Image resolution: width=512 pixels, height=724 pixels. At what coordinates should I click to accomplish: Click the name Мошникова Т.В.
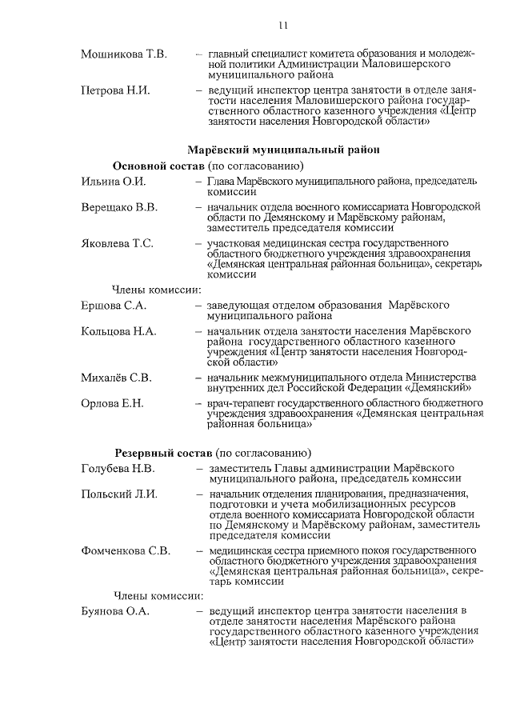coord(123,54)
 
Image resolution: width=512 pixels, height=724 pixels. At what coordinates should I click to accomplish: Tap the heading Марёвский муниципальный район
coord(282,149)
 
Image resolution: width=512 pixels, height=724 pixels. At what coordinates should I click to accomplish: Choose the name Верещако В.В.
coord(119,208)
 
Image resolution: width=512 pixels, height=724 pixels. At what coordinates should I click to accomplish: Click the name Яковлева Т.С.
coord(118,243)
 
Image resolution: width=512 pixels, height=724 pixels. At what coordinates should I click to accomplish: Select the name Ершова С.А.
coord(113,305)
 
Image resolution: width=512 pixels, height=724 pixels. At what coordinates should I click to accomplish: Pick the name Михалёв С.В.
coord(116,377)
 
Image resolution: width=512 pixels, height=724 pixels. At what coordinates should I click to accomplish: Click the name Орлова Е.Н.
coord(112,403)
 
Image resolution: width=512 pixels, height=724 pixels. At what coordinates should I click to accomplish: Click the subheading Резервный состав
coord(161,453)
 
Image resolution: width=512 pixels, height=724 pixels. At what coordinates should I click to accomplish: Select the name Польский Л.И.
coord(118,494)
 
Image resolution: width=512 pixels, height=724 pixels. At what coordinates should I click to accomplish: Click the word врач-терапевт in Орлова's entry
coord(238,404)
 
